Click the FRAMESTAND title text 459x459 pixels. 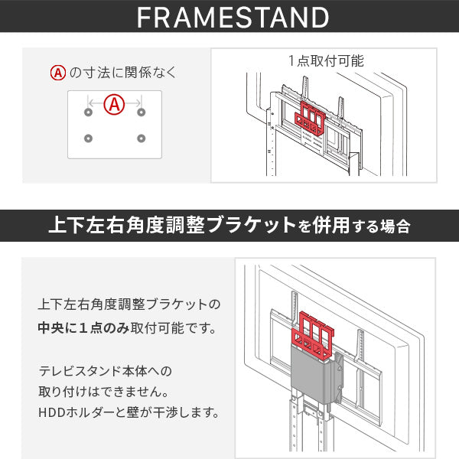click(x=233, y=18)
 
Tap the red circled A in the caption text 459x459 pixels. click(x=58, y=73)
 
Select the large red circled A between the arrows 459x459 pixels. click(x=114, y=104)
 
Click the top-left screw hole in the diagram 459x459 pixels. click(x=88, y=112)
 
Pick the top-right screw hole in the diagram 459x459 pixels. click(x=141, y=112)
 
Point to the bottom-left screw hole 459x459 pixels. click(x=88, y=138)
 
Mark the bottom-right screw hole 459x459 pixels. click(x=141, y=138)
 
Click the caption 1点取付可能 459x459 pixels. click(x=326, y=61)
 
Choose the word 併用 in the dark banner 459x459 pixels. click(x=330, y=226)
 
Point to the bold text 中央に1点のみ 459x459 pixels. click(x=83, y=328)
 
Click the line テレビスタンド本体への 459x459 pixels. click(x=106, y=371)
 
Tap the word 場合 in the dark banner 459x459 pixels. click(x=396, y=226)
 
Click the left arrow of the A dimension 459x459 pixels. click(x=96, y=103)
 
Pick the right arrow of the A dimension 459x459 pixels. click(x=133, y=103)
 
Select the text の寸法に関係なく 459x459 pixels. click(x=123, y=73)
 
